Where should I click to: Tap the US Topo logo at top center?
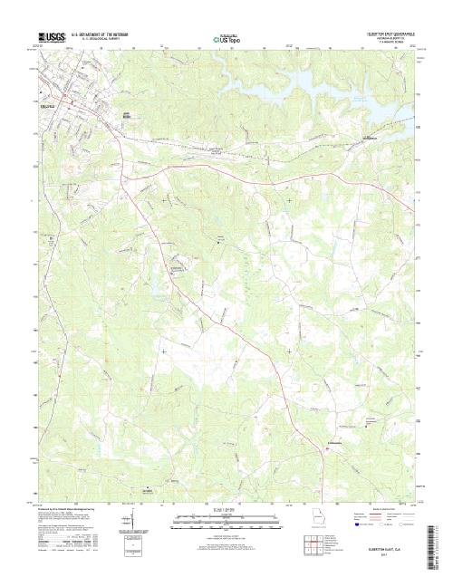pos(227,39)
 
